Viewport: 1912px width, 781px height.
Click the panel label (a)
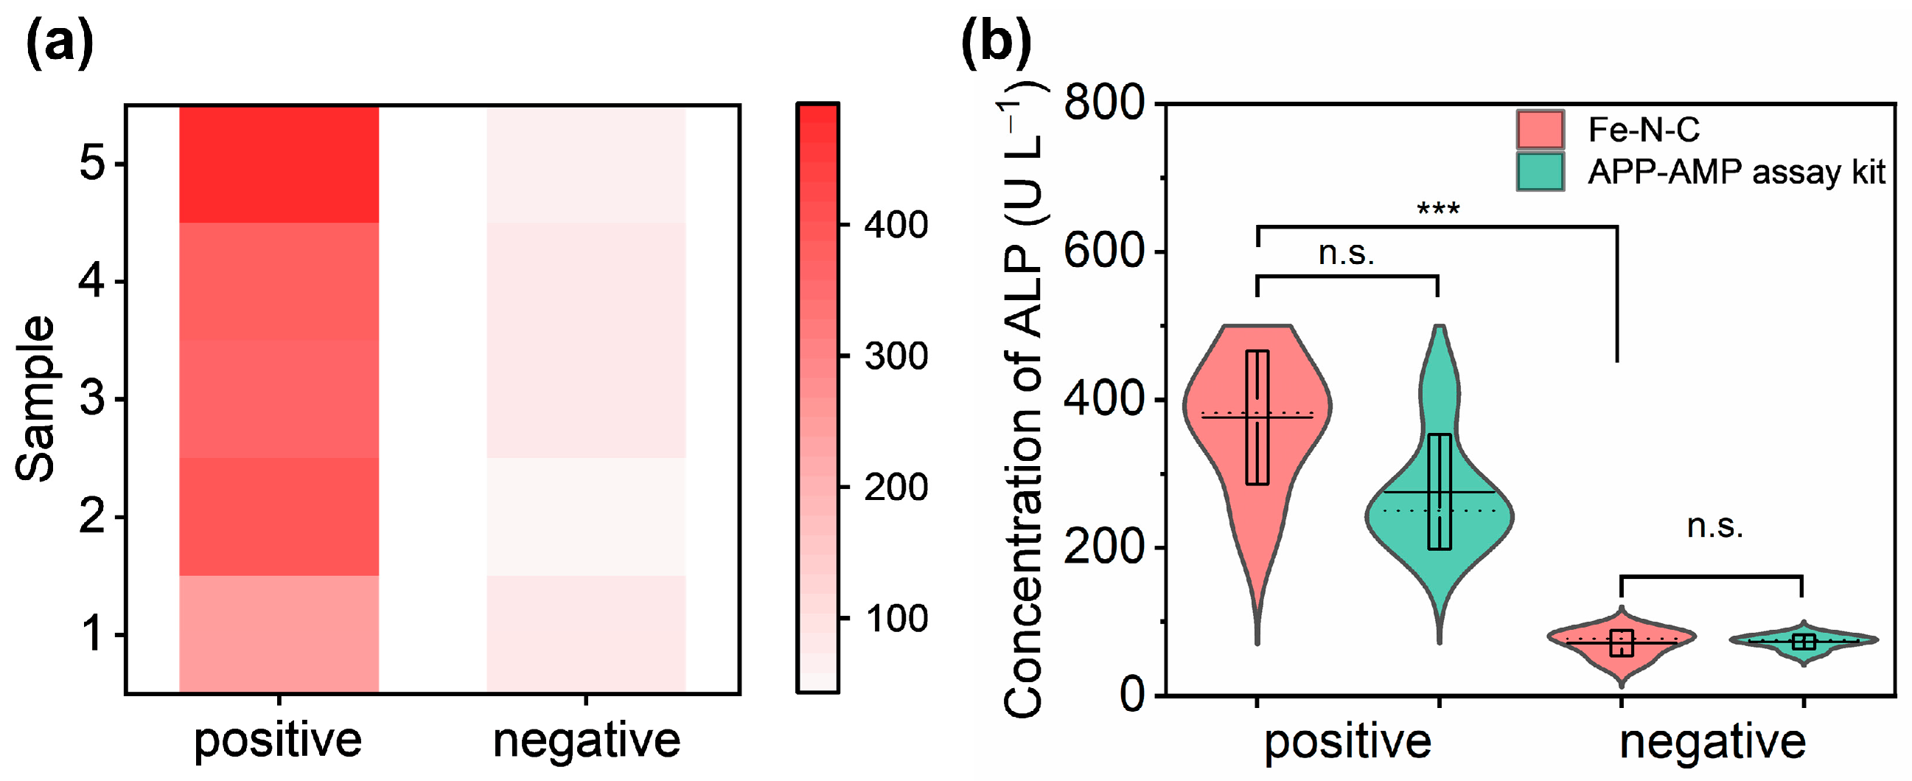(x=60, y=42)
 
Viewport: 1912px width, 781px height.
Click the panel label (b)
(x=996, y=42)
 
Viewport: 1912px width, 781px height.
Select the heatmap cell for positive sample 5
(x=279, y=164)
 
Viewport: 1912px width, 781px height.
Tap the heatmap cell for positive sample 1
(x=279, y=634)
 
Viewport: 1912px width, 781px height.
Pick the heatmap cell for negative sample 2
(x=586, y=517)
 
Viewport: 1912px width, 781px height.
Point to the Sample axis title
(x=35, y=399)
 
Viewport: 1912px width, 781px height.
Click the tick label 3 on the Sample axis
(x=92, y=399)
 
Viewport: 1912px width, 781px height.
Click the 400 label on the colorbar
(x=896, y=224)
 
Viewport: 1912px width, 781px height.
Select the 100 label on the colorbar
(x=896, y=618)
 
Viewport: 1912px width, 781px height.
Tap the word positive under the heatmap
(x=278, y=740)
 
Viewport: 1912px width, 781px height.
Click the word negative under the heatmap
(x=587, y=740)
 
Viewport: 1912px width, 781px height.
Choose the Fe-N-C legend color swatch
(x=1540, y=130)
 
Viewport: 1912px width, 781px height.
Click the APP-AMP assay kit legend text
(x=1735, y=173)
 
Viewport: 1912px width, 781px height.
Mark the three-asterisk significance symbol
(x=1438, y=209)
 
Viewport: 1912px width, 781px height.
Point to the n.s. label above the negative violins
(x=1714, y=527)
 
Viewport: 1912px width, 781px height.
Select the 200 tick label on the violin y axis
(x=1103, y=547)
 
